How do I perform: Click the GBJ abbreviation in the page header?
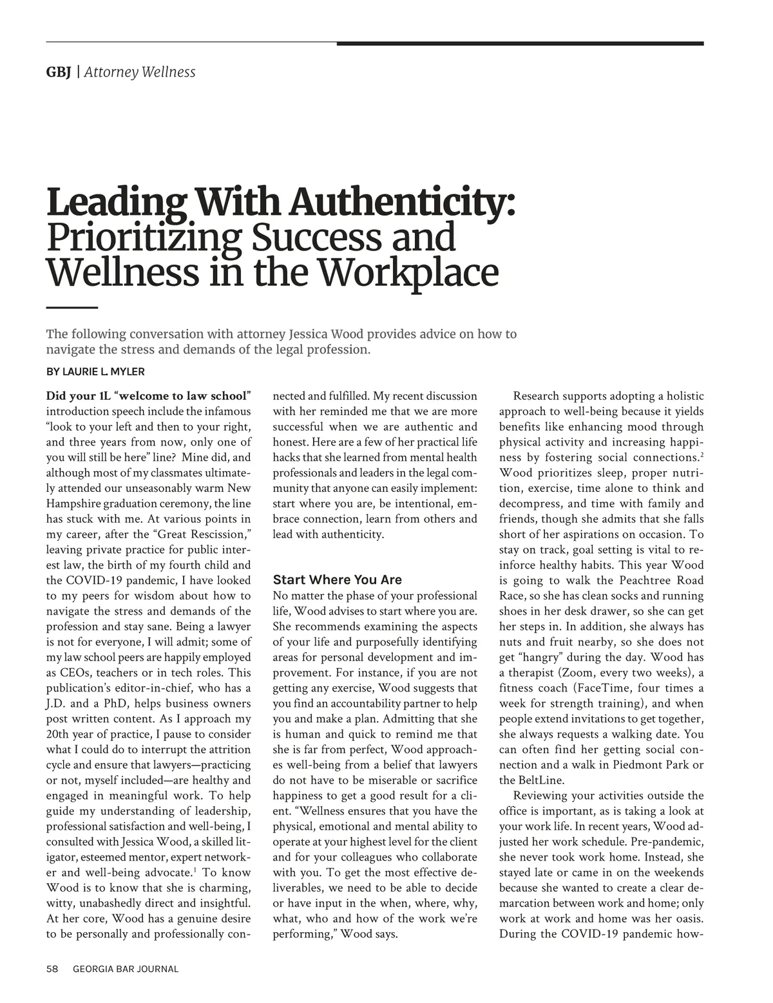point(58,72)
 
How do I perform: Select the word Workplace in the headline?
point(409,272)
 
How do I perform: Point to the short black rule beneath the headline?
point(72,308)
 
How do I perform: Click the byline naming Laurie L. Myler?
point(95,371)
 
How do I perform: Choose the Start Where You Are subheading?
point(337,579)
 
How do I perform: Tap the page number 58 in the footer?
point(52,969)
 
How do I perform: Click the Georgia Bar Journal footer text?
point(126,969)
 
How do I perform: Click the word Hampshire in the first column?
point(73,503)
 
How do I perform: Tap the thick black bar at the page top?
point(520,44)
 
